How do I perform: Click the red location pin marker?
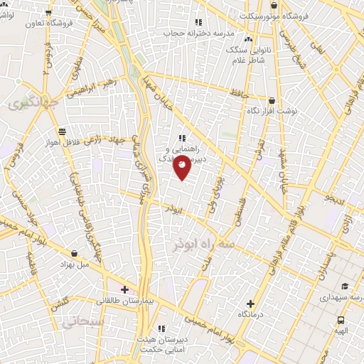click(x=182, y=166)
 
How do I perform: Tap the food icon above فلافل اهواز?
click(x=63, y=131)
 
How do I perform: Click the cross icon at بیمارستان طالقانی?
click(x=125, y=289)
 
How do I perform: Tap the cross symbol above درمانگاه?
click(x=250, y=304)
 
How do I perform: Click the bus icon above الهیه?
click(x=341, y=321)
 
